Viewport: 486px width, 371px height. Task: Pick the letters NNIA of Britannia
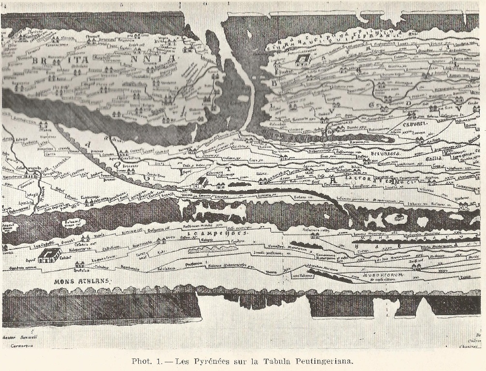[154, 59]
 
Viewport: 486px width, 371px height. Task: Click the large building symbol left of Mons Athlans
[49, 255]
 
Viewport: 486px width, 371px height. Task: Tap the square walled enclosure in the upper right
[303, 60]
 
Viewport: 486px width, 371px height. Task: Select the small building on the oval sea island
[397, 218]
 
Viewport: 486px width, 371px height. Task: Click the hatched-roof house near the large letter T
[200, 182]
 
